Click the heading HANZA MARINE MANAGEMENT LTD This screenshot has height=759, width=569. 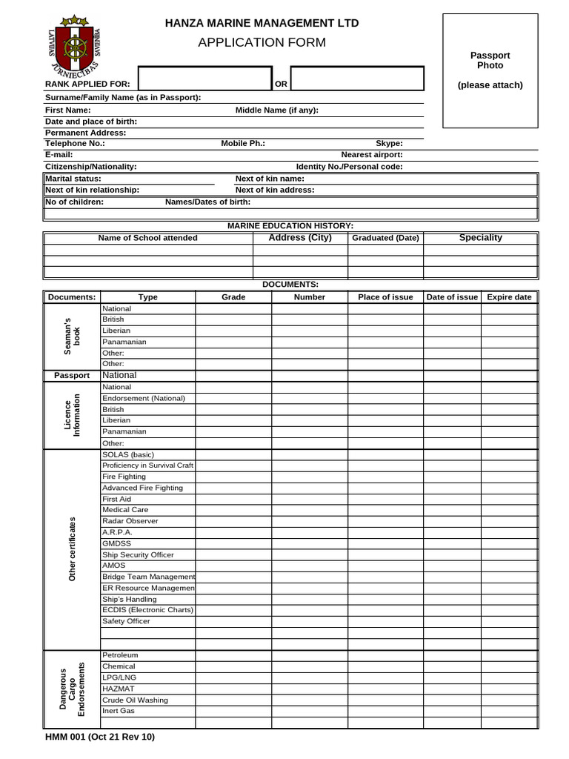tap(262, 23)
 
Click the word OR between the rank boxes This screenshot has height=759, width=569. tap(282, 84)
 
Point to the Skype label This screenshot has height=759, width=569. tap(389, 144)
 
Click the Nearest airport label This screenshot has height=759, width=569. tap(372, 155)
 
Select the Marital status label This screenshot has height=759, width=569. tap(73, 179)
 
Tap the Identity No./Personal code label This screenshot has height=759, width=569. tap(350, 167)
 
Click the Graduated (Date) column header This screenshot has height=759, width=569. tap(385, 238)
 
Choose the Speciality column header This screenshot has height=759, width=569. tap(480, 238)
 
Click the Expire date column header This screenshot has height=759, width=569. tap(509, 297)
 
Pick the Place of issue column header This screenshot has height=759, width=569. tap(385, 297)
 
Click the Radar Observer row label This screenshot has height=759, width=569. tap(130, 521)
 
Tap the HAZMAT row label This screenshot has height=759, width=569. tap(119, 689)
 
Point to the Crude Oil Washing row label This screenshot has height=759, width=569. tap(135, 700)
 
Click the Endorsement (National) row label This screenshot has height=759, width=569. tap(144, 398)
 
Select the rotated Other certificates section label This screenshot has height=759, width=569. tap(72, 549)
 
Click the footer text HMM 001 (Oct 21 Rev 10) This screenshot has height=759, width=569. tap(100, 737)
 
